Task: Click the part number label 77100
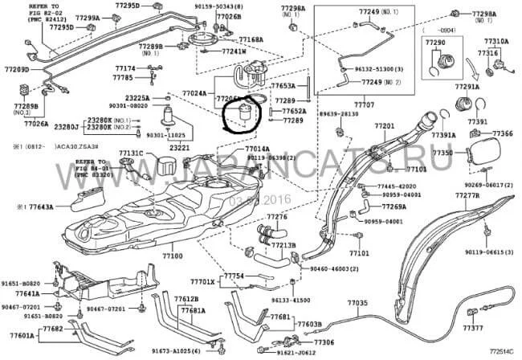click(173, 256)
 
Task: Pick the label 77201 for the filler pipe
click(384, 127)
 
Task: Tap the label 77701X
click(203, 282)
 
